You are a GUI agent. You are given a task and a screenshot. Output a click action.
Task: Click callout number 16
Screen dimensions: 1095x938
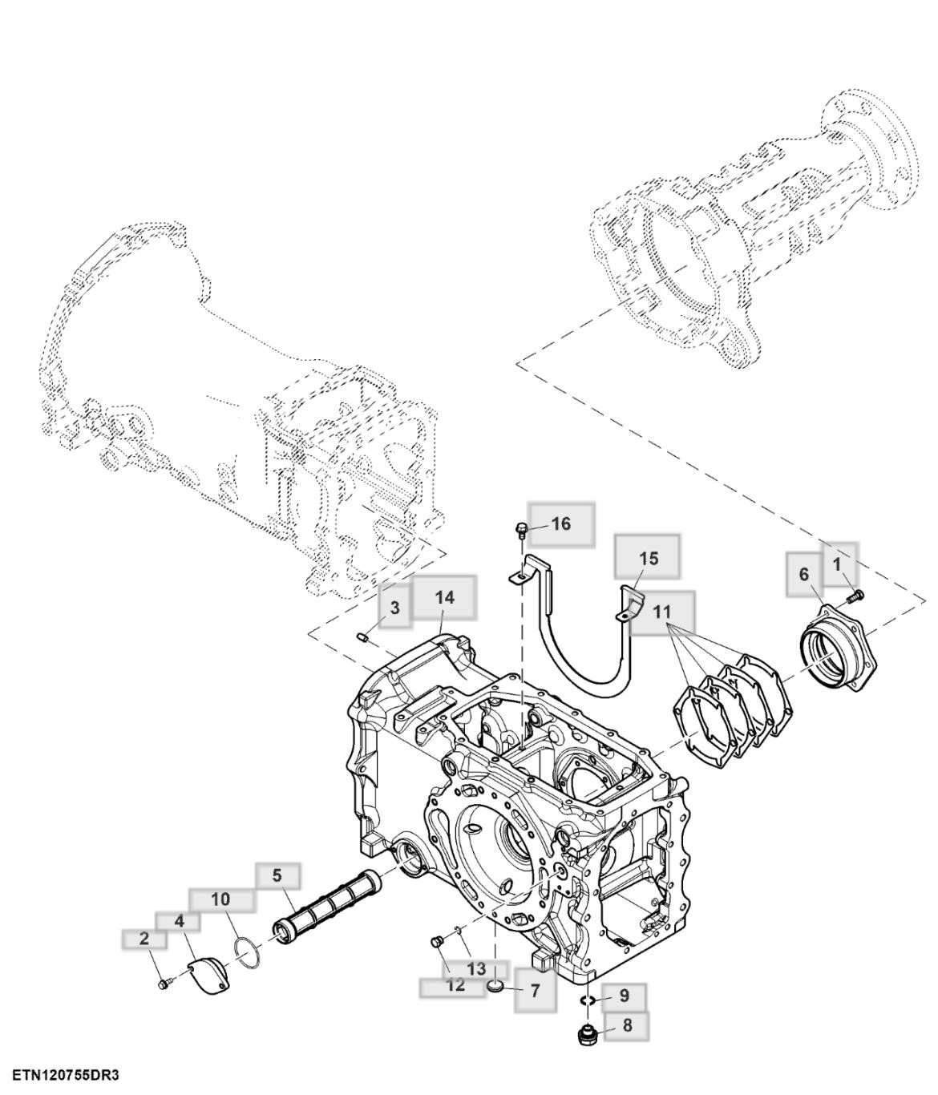(x=561, y=524)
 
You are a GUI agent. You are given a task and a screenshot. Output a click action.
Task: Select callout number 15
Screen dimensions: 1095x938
(x=648, y=558)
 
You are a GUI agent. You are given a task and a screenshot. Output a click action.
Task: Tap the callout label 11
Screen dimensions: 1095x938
(x=661, y=612)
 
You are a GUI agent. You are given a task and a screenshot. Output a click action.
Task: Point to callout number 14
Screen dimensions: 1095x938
(x=444, y=597)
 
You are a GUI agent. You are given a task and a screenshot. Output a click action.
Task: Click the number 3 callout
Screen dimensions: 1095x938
(x=394, y=608)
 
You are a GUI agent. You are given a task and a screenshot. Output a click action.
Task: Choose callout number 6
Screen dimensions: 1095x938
(x=803, y=575)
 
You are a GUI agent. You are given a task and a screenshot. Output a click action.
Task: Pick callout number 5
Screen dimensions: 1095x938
(x=277, y=875)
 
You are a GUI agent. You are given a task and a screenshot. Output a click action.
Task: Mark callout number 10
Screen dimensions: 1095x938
(x=220, y=899)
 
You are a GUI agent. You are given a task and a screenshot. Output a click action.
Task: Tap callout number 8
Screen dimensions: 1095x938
(x=626, y=1024)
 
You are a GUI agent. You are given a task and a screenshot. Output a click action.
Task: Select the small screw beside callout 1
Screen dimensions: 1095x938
(x=856, y=595)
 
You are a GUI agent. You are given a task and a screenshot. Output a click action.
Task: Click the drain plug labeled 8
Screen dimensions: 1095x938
(x=586, y=1034)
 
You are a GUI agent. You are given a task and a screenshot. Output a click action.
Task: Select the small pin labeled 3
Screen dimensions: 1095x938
(x=362, y=637)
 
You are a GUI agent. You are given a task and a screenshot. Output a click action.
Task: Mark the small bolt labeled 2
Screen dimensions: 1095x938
(x=164, y=983)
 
